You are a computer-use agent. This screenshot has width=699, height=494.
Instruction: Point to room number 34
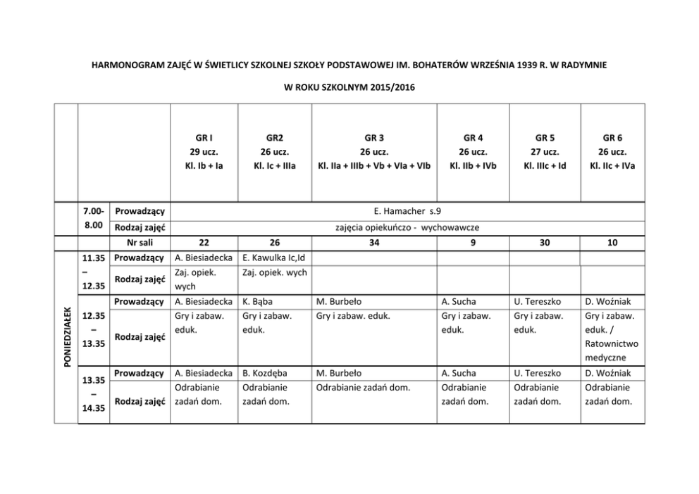tap(374, 242)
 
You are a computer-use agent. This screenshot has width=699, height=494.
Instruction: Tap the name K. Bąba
tap(258, 302)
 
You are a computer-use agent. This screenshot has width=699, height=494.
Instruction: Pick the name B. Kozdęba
tap(264, 373)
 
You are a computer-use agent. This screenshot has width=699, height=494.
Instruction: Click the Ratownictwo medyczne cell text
tap(612, 350)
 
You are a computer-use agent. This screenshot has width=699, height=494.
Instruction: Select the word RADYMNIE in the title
tap(584, 64)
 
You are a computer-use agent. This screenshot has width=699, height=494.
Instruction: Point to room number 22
tap(204, 242)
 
